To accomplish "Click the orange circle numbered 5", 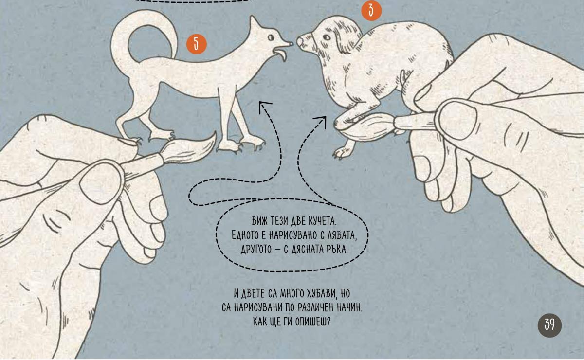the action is click(196, 44).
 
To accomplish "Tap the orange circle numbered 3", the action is click(371, 10).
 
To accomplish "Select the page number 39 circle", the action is click(549, 325).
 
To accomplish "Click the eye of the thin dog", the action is click(271, 38).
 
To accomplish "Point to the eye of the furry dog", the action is click(327, 37).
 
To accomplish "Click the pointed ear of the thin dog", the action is click(254, 23).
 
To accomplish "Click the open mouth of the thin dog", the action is click(280, 54).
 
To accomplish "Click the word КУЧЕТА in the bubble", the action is click(323, 221).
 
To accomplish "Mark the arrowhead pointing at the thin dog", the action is click(264, 107).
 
